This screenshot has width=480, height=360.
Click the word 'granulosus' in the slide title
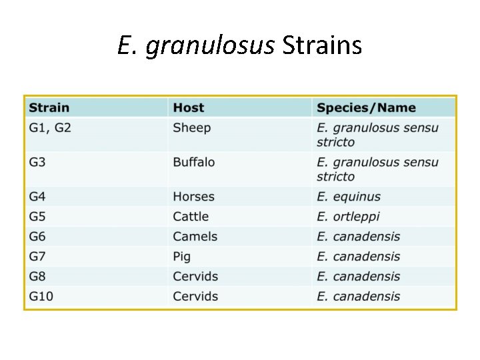tap(209, 47)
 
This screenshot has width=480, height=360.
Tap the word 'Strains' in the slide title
tap(322, 45)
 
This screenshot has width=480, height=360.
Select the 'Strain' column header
tap(49, 108)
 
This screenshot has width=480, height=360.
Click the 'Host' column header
tap(189, 108)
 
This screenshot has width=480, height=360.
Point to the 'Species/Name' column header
tap(366, 108)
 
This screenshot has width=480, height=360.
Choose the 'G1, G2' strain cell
tap(50, 128)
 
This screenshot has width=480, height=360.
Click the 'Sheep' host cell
tap(192, 128)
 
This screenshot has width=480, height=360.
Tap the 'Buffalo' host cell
tap(194, 163)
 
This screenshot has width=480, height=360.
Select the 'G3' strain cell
tap(38, 163)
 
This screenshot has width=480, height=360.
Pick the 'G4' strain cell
tap(38, 197)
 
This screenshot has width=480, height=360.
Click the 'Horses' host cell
tap(194, 197)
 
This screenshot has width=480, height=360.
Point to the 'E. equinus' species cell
tap(349, 197)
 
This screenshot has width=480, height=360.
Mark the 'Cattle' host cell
tap(191, 217)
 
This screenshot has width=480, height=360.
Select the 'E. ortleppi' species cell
tap(348, 217)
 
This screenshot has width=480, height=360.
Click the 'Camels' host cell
tap(195, 237)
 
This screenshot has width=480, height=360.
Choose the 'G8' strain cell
tap(38, 277)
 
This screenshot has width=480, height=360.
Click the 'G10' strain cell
tap(41, 297)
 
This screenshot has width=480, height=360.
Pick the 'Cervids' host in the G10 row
tap(195, 297)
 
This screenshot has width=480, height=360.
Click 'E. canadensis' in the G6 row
tap(359, 237)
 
